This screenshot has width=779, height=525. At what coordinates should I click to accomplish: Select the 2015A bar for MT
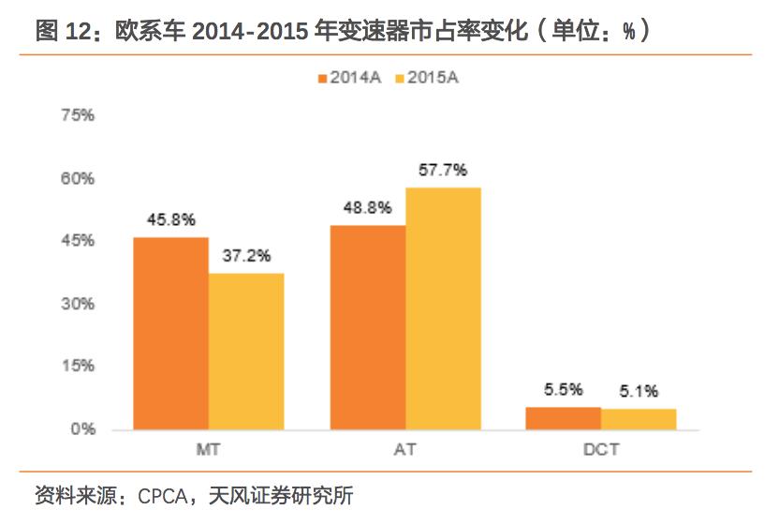click(x=246, y=352)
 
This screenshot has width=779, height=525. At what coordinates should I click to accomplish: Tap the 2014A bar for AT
click(x=367, y=327)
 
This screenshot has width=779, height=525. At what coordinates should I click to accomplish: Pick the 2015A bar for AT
click(x=443, y=308)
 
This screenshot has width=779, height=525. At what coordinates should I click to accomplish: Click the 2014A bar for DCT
click(x=563, y=418)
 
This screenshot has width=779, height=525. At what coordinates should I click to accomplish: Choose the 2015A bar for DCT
click(x=639, y=419)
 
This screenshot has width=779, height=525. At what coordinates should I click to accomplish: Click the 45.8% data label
click(x=170, y=220)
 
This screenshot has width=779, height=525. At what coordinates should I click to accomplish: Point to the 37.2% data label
click(x=246, y=256)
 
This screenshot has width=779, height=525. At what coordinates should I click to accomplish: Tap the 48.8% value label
click(x=367, y=208)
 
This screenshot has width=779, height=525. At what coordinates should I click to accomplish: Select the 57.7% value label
click(x=443, y=171)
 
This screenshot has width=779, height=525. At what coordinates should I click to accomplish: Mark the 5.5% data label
click(x=564, y=390)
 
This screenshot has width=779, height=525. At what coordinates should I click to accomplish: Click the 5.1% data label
click(x=639, y=391)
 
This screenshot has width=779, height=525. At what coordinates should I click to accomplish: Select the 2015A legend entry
click(x=428, y=80)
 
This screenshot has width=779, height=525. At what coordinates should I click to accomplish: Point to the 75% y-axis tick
click(x=78, y=115)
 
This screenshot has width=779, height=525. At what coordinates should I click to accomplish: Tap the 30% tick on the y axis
click(x=78, y=304)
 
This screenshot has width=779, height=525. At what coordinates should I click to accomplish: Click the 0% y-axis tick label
click(x=82, y=429)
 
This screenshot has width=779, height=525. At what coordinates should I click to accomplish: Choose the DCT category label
click(x=600, y=450)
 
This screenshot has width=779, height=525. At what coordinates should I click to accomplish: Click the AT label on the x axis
click(x=404, y=450)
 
